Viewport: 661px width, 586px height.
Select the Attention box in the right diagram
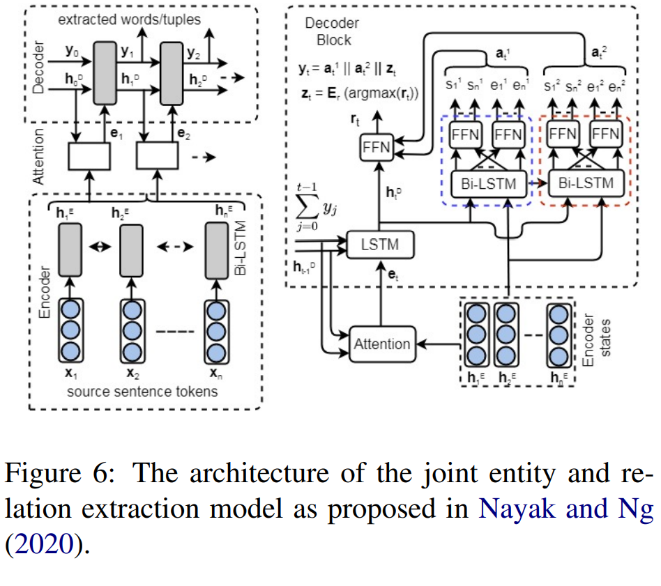pyautogui.click(x=381, y=344)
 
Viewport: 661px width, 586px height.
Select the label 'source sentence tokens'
pyautogui.click(x=142, y=391)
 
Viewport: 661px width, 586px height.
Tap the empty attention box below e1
pyautogui.click(x=89, y=156)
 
